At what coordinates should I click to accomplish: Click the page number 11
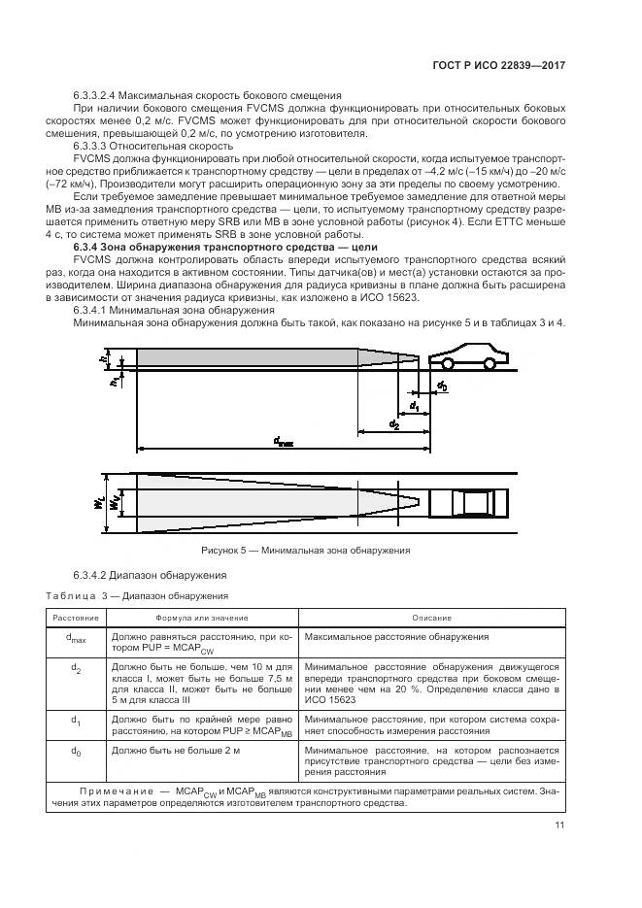560,827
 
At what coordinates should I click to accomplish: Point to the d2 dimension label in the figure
393,425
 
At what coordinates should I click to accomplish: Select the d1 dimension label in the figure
414,404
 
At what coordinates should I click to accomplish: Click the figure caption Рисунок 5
304,551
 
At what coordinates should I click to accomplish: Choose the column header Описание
431,617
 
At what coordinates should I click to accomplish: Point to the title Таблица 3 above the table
76,594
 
